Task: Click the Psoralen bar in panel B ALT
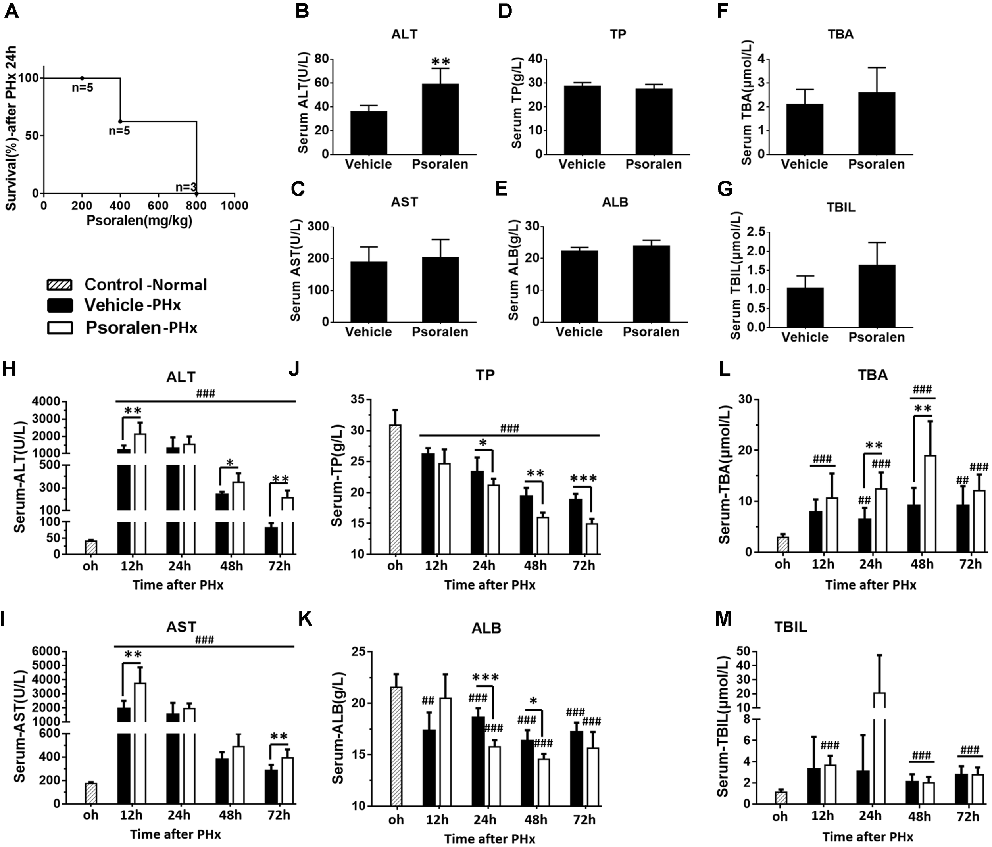click(440, 119)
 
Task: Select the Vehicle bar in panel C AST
click(369, 292)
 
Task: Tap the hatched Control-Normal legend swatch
click(60, 285)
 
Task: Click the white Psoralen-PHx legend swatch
click(60, 328)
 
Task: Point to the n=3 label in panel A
click(186, 187)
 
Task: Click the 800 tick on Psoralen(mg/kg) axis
click(196, 206)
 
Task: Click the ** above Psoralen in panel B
click(440, 62)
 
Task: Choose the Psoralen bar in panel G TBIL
click(877, 296)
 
